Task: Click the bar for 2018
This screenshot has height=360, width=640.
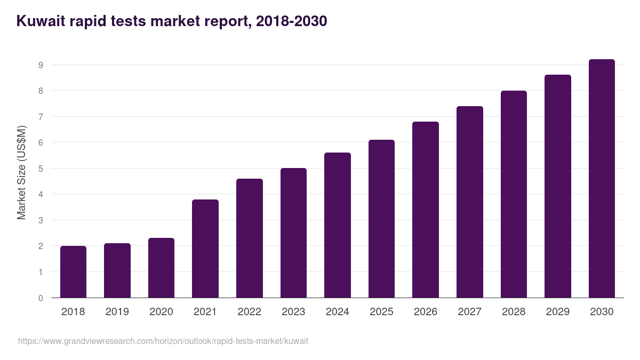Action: click(73, 272)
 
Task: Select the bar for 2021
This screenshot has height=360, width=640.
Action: click(205, 249)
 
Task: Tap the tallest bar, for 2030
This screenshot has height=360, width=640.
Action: click(602, 179)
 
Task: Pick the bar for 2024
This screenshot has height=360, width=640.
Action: click(338, 225)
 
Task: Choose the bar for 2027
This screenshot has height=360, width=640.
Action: click(470, 202)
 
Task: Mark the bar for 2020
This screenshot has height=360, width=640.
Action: click(161, 268)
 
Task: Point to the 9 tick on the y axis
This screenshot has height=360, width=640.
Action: click(40, 65)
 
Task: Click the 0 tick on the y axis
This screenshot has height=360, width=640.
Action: click(40, 298)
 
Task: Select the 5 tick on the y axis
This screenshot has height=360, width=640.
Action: click(40, 169)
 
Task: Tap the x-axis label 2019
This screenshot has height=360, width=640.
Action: click(117, 312)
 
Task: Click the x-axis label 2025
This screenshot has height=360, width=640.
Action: click(381, 312)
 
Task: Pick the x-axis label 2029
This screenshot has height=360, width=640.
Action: click(558, 312)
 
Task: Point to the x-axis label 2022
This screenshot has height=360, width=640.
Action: click(249, 312)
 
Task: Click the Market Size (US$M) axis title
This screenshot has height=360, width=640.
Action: click(21, 172)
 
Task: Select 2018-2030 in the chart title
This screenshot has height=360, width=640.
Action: click(291, 21)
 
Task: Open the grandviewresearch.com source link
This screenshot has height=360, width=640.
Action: click(163, 341)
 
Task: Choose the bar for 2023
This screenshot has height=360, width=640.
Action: click(293, 233)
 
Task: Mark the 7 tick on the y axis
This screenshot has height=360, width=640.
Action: click(40, 117)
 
